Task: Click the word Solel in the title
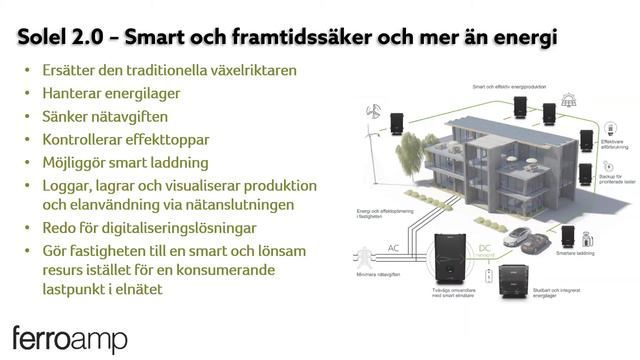click(x=48, y=38)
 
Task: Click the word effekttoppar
click(x=187, y=139)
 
